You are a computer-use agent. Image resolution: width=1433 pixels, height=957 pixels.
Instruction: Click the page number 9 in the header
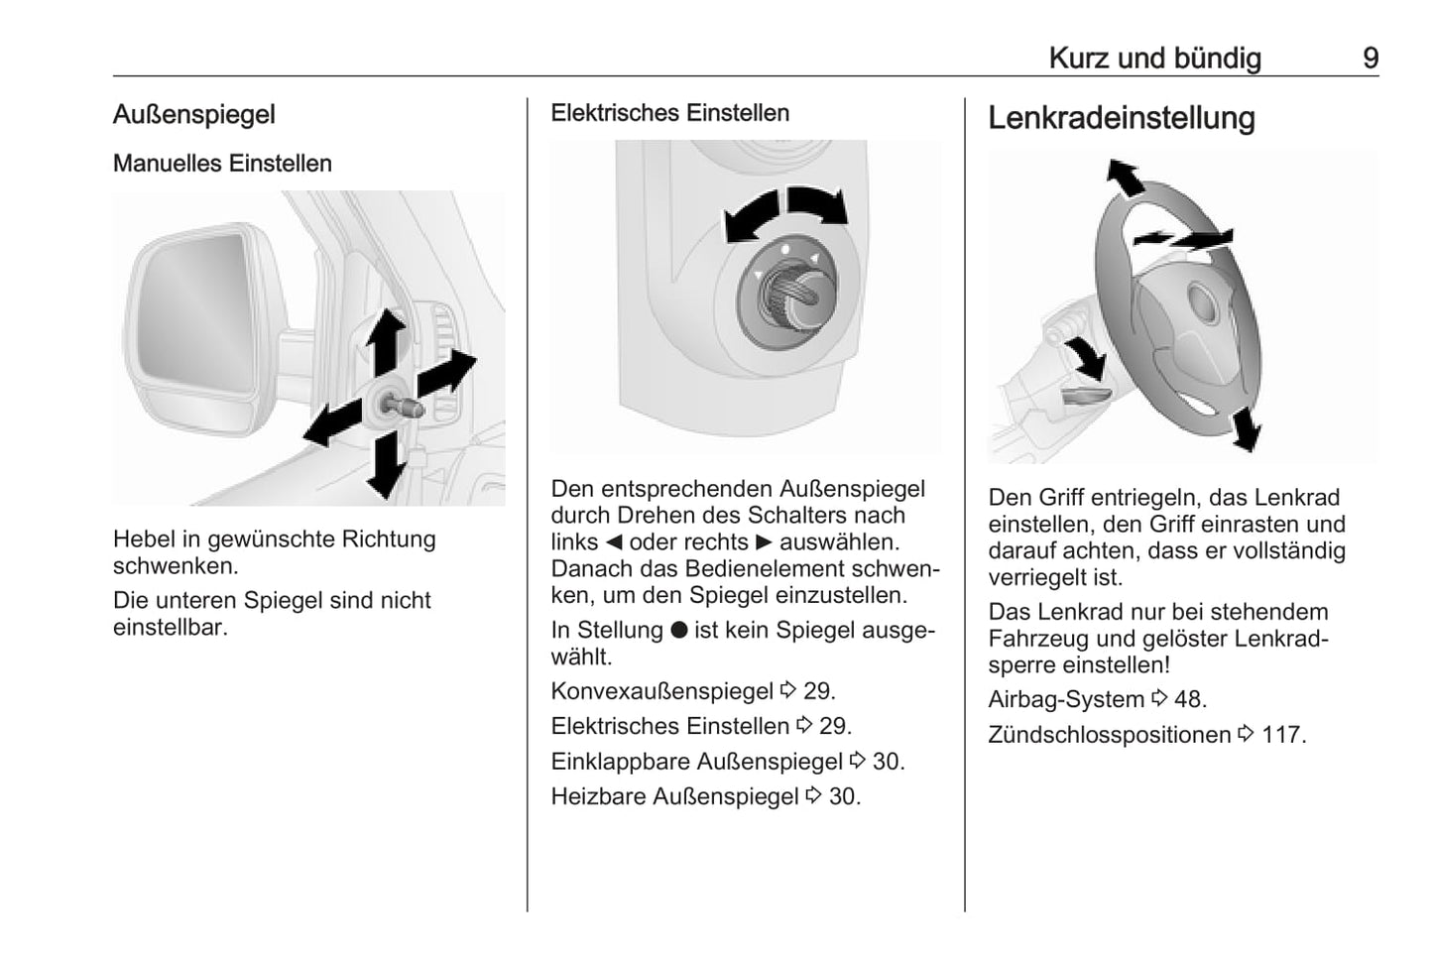1370,59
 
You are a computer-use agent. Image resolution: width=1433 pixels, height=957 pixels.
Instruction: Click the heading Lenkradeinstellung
1121,118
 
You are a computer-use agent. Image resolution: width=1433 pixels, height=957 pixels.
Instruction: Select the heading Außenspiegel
193,114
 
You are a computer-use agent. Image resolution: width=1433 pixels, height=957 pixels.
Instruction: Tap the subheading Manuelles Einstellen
222,164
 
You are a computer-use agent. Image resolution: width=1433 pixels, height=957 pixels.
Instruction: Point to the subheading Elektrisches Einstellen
669,113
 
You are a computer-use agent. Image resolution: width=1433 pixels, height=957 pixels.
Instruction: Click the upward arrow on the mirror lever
386,337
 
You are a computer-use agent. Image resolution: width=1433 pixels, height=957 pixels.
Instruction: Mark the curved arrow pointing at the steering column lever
1085,357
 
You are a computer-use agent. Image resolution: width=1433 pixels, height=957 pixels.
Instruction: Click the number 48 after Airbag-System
1189,699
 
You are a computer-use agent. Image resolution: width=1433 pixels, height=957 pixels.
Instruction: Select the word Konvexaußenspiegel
661,691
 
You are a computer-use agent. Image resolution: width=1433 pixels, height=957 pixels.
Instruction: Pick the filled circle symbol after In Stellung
678,630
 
